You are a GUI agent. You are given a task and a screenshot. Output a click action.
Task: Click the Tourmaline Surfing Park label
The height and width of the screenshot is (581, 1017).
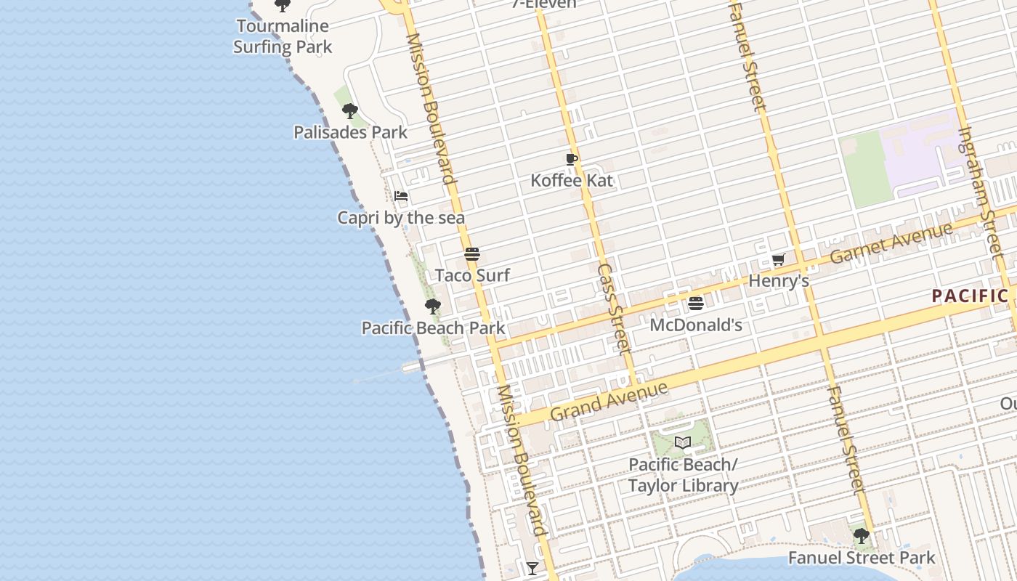pyautogui.click(x=283, y=36)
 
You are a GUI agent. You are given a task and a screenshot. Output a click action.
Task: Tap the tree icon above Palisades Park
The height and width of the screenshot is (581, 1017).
pyautogui.click(x=350, y=111)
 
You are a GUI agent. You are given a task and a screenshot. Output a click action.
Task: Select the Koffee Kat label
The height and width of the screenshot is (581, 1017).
pyautogui.click(x=572, y=180)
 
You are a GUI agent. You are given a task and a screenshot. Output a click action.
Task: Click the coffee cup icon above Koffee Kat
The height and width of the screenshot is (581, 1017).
pyautogui.click(x=572, y=159)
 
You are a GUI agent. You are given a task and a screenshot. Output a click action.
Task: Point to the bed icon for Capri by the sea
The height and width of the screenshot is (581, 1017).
pyautogui.click(x=401, y=196)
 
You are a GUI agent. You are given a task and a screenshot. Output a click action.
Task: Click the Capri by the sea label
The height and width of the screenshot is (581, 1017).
pyautogui.click(x=401, y=218)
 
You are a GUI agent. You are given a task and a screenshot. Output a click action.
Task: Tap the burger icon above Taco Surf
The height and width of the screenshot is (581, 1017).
pyautogui.click(x=472, y=254)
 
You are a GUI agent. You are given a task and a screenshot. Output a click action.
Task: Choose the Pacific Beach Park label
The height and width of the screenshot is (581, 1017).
pyautogui.click(x=433, y=328)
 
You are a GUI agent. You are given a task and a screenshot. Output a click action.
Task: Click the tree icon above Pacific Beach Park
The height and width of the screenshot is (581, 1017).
pyautogui.click(x=433, y=306)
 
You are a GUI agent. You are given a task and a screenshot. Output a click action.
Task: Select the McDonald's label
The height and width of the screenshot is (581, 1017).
pyautogui.click(x=696, y=325)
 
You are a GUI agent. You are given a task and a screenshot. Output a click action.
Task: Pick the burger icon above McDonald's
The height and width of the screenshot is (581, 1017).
pyautogui.click(x=696, y=303)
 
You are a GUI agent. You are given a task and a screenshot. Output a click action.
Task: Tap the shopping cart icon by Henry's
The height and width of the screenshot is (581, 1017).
pyautogui.click(x=778, y=259)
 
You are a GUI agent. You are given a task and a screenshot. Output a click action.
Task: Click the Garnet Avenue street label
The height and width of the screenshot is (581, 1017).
pyautogui.click(x=891, y=243)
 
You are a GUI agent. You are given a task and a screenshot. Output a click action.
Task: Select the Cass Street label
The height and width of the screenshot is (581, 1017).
pyautogui.click(x=613, y=309)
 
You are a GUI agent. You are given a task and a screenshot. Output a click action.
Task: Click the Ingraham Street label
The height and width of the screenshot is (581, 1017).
pyautogui.click(x=985, y=192)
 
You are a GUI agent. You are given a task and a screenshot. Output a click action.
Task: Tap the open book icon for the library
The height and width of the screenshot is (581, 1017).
pyautogui.click(x=682, y=442)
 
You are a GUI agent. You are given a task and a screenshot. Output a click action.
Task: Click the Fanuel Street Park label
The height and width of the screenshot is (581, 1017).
pyautogui.click(x=862, y=558)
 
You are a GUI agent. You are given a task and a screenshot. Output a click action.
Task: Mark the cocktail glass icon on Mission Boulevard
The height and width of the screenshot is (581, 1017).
pyautogui.click(x=532, y=568)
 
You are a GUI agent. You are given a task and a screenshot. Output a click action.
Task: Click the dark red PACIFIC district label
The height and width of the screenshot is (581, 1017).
pyautogui.click(x=970, y=296)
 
